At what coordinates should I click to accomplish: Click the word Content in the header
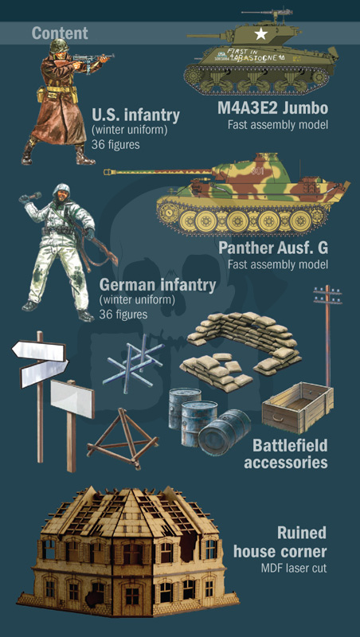coord(60,33)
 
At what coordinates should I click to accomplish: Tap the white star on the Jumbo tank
coord(260,35)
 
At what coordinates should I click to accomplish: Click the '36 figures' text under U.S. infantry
coord(115,145)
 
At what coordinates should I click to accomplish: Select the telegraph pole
coord(327,334)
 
